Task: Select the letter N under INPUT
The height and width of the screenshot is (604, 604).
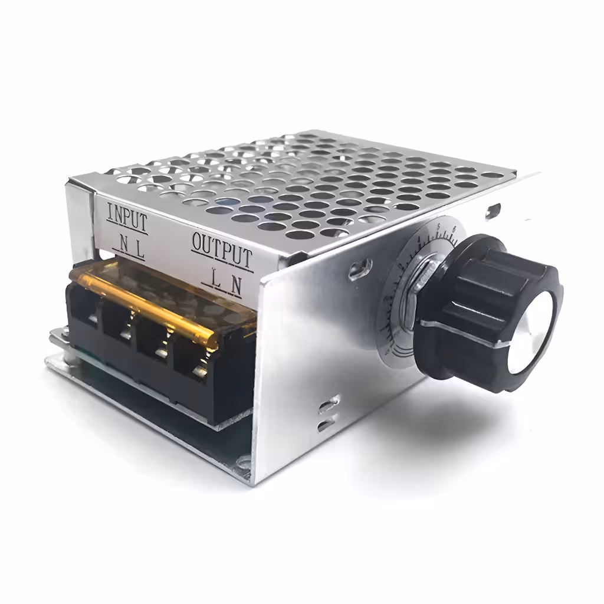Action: pyautogui.click(x=123, y=244)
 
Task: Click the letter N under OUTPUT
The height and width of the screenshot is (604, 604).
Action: pyautogui.click(x=235, y=284)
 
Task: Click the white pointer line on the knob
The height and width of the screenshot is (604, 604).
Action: pyautogui.click(x=472, y=334)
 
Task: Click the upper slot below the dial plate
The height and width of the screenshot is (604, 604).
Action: pyautogui.click(x=328, y=405)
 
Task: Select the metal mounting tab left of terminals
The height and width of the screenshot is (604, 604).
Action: pyautogui.click(x=57, y=339)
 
